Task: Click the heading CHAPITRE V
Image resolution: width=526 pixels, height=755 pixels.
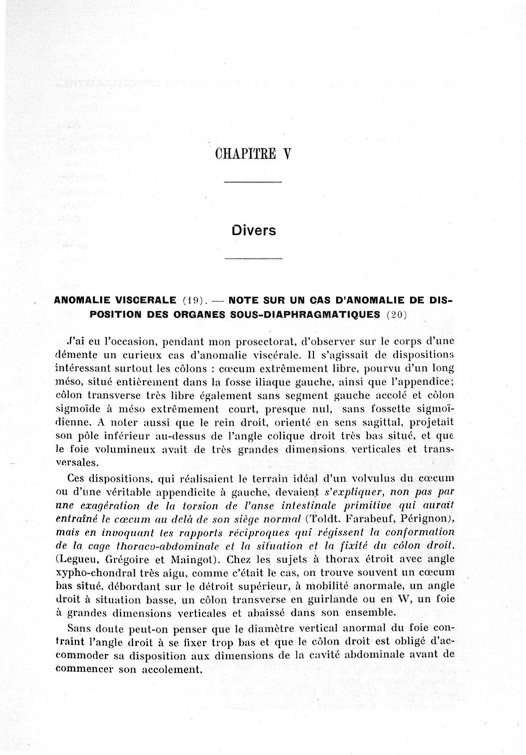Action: coord(252,154)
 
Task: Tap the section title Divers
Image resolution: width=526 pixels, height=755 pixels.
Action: coord(253,231)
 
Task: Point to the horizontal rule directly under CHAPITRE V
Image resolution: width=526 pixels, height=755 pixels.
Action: coord(253,182)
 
